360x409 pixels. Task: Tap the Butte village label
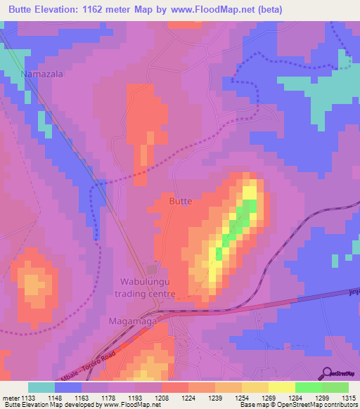coord(181,201)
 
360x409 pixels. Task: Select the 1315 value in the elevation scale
coord(348,398)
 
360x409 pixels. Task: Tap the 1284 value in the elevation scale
coord(295,398)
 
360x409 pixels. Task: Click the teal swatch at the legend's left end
coord(41,387)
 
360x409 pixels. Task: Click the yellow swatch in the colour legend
coord(281,387)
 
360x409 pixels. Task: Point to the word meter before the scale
coord(11,398)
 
